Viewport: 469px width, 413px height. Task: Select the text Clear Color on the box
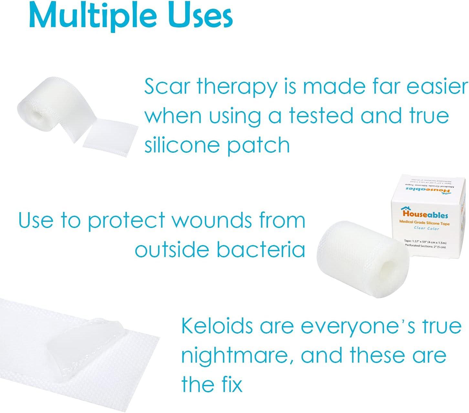[x=426, y=228]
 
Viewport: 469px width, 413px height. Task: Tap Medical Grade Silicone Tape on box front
[x=424, y=222]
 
